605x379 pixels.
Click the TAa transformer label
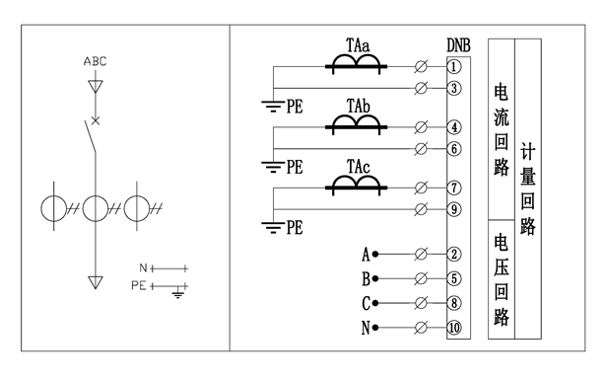point(358,45)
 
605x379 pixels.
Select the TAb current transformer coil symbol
point(356,123)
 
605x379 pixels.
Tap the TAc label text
point(358,167)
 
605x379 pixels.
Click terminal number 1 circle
point(454,66)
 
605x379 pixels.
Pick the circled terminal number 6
point(454,149)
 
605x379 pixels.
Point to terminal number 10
point(454,328)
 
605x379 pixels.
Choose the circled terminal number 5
point(454,278)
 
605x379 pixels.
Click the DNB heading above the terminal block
point(458,45)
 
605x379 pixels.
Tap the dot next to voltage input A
point(375,255)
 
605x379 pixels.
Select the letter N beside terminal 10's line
point(366,328)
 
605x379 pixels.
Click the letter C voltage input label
point(366,303)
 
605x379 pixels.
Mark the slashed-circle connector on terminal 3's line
point(421,88)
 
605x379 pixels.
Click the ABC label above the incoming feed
point(95,61)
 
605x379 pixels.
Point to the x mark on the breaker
point(96,121)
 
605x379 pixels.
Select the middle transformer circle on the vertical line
point(96,208)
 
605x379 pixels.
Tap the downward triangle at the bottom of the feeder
point(96,282)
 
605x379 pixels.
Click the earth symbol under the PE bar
point(177,294)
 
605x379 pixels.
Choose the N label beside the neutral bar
point(143,267)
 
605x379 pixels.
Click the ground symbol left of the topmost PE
point(273,106)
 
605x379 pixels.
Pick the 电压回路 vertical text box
point(502,279)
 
